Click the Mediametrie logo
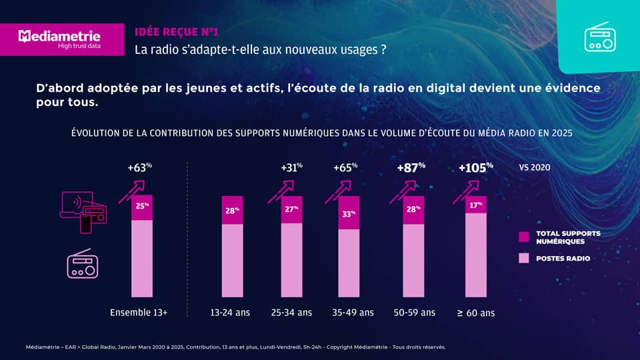(60, 39)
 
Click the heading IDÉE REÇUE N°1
(176, 31)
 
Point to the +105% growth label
(475, 168)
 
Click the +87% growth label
(411, 168)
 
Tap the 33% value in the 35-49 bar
(349, 214)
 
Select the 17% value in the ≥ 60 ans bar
(475, 205)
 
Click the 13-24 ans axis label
(230, 312)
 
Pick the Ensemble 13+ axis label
(139, 312)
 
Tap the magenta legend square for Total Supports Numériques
(523, 237)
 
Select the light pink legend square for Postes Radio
(523, 258)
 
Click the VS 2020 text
(534, 168)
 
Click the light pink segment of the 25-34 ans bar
(291, 260)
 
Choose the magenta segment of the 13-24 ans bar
(232, 210)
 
